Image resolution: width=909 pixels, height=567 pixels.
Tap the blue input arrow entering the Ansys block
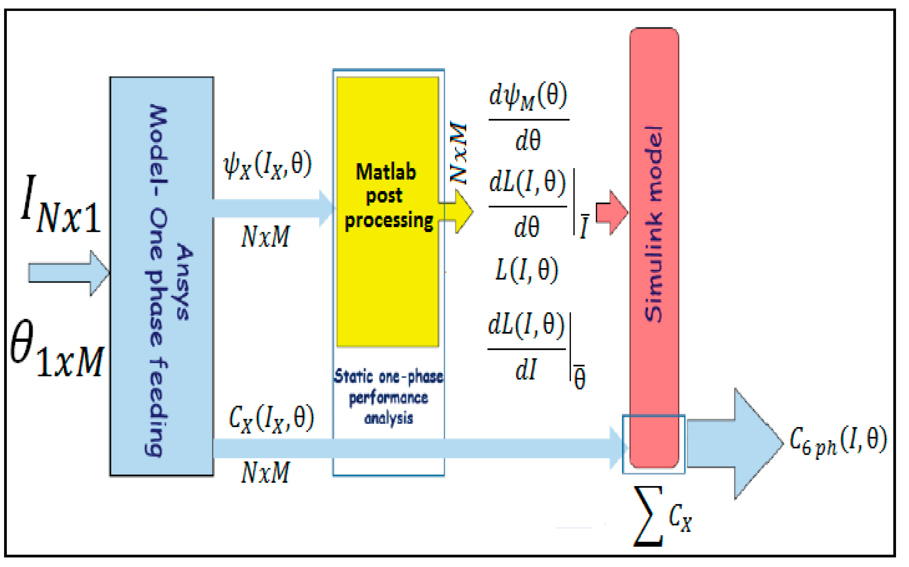(68, 273)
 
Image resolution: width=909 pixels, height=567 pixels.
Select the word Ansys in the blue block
(184, 282)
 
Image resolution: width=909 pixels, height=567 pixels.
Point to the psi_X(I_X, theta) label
(267, 165)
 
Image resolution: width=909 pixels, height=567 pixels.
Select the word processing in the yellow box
(389, 221)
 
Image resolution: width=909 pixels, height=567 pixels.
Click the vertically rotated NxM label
(458, 153)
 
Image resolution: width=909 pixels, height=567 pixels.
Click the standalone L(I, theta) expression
(527, 270)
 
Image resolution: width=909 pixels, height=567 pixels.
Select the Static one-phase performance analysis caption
(388, 398)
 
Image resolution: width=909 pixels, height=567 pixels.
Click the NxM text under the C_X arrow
(265, 472)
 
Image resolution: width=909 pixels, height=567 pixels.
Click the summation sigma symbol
(648, 516)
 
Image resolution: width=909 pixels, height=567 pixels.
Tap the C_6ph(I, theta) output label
(838, 441)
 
